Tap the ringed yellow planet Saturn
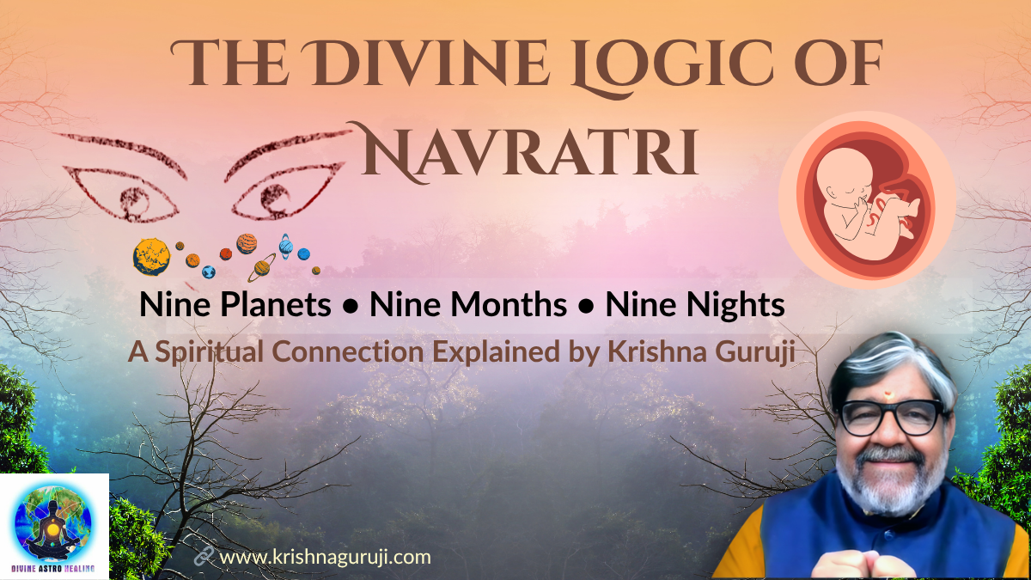262,268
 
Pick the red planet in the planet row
226,253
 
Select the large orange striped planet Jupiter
247,243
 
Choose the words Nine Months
468,305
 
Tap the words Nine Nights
695,305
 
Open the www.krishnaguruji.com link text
326,557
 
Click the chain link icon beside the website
204,557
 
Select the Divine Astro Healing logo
54,525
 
